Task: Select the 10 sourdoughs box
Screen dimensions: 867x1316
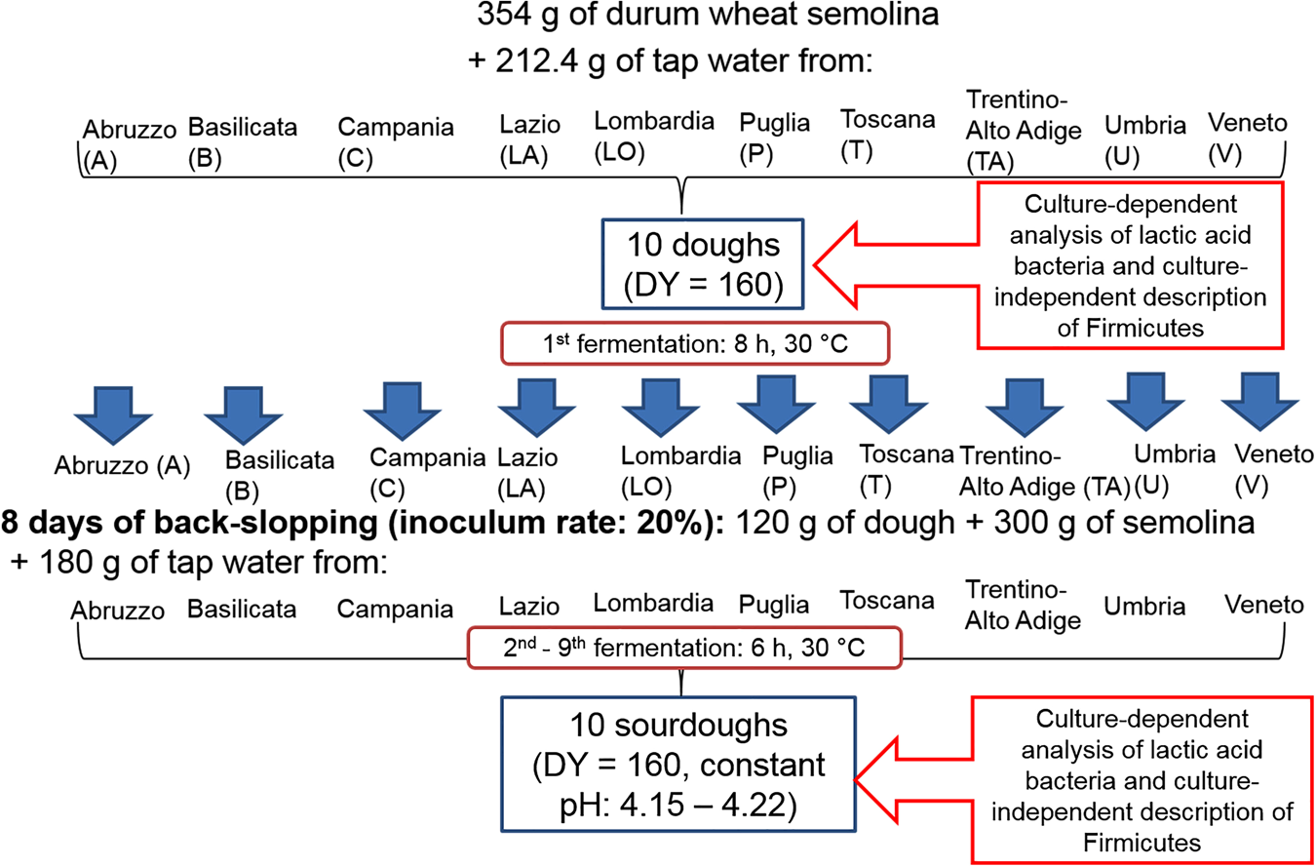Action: coord(678,766)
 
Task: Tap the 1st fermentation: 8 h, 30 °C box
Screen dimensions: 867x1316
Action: coord(694,343)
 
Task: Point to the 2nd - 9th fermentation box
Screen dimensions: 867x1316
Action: coord(683,647)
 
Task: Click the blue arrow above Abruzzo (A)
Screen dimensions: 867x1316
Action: coord(116,414)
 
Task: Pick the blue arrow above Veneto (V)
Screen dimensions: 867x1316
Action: coord(1260,402)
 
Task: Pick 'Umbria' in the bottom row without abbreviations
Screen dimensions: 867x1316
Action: coord(1144,607)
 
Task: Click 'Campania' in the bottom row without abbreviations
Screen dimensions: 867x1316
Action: coord(395,610)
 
